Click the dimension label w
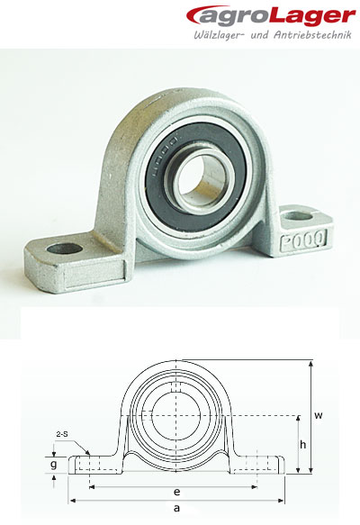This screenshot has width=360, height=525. coord(319,415)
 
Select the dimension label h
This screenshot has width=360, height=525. coord(303,444)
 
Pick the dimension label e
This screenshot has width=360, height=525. coord(177,492)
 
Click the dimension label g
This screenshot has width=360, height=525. coord(54,465)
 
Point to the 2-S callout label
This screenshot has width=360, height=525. coord(62,433)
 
